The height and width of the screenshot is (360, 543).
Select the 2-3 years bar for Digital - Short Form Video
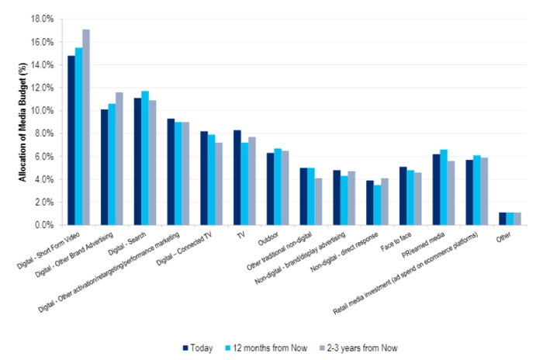87,127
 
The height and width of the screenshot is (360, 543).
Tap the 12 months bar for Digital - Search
145,158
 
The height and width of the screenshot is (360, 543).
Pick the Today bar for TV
237,178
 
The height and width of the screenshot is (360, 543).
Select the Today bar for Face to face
403,196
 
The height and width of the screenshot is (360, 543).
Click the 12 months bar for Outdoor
278,187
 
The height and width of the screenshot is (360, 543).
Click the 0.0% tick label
42,225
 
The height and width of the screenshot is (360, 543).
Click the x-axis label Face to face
393,241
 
